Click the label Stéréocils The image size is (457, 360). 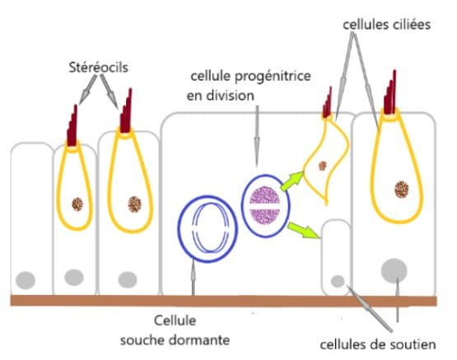[x=99, y=68]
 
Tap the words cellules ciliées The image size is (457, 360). [x=387, y=25]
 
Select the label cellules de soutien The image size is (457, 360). [x=378, y=345]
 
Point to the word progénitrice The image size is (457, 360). [x=273, y=77]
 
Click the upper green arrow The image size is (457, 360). [x=292, y=180]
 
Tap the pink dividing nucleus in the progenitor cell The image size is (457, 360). [x=264, y=205]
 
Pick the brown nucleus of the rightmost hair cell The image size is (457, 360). [x=402, y=189]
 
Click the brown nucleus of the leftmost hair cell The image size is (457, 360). [x=77, y=204]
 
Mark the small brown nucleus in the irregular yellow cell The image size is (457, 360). [x=322, y=166]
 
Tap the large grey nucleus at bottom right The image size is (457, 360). [x=394, y=270]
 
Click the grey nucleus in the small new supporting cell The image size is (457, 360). [x=338, y=281]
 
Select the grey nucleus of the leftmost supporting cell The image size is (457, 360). [x=26, y=280]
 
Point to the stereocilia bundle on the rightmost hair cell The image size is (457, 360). [x=390, y=92]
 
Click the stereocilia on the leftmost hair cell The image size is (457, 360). [x=72, y=126]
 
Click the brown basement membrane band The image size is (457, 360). [x=223, y=301]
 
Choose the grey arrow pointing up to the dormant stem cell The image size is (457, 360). [x=193, y=278]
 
